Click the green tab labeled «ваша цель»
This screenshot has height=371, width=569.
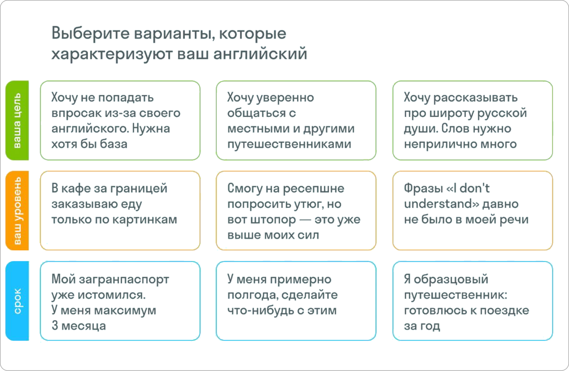pos(17,120)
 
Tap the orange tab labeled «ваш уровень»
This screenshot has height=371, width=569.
pos(17,211)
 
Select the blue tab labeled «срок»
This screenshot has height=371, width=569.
pos(17,301)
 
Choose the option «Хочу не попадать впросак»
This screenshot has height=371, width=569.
pos(120,120)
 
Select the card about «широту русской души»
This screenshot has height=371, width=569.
pos(472,120)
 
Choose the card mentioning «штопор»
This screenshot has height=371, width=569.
pos(296,211)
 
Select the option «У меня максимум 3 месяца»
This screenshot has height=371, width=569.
pos(120,301)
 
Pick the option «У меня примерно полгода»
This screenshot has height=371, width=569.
pos(296,301)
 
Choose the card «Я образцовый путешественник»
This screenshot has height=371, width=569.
pos(472,301)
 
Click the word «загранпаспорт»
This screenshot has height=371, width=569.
pos(124,280)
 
